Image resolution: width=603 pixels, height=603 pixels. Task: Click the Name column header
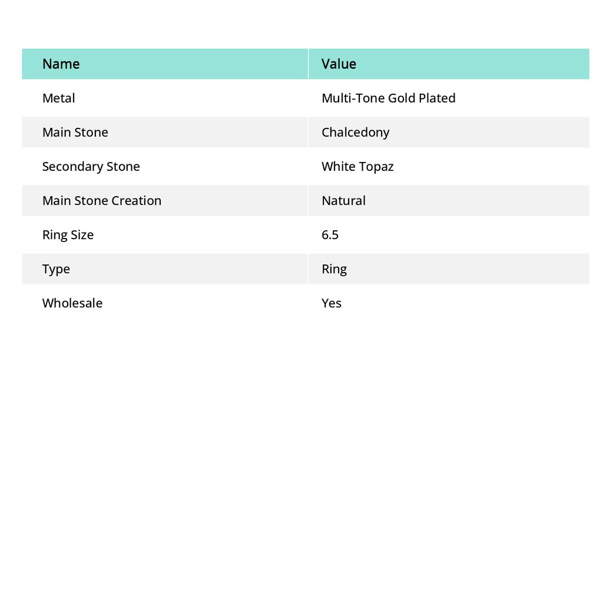point(61,64)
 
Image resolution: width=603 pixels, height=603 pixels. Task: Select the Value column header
point(339,64)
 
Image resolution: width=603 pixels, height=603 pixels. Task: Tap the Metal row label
point(58,98)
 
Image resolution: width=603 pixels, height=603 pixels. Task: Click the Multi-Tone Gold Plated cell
point(388,98)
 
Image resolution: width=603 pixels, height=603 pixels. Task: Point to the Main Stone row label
point(75,132)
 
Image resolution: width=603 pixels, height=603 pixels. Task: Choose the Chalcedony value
point(355,132)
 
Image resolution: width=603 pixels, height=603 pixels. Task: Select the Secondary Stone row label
point(91,166)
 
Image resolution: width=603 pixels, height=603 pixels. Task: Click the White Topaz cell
point(357,166)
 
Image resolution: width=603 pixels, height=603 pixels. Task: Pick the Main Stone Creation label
point(101,200)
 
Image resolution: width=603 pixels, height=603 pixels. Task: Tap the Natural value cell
point(343,200)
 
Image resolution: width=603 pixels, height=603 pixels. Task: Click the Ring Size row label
point(68,234)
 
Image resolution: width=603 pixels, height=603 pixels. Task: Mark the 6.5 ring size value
point(330,234)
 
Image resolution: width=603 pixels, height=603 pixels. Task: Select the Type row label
point(56,269)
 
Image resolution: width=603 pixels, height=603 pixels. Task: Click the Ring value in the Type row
point(334,269)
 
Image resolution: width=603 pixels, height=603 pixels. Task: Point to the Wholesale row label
point(72,303)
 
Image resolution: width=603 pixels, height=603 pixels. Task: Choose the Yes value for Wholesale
point(332,303)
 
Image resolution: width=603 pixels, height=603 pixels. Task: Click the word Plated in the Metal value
point(437,98)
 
